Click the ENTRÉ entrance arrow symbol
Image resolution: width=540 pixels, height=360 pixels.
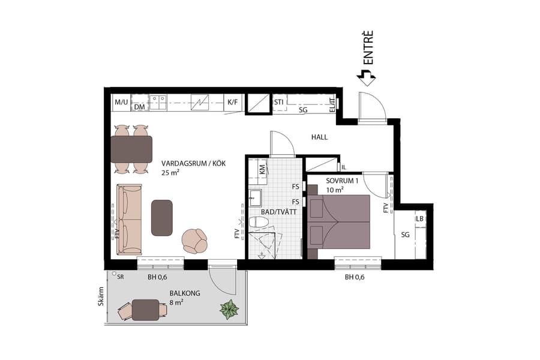tap(365, 76)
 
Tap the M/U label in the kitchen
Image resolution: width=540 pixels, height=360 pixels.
tap(121, 102)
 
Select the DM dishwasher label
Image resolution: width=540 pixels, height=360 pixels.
tap(139, 107)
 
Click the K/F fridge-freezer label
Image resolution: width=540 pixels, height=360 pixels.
tap(232, 102)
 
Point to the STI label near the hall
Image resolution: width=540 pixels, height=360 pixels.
tap(278, 102)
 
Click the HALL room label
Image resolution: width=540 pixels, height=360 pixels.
tap(319, 137)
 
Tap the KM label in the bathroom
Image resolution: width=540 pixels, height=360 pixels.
tap(263, 170)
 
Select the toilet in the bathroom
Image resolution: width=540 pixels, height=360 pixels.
tap(259, 223)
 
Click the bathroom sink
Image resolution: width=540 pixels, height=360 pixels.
tap(254, 196)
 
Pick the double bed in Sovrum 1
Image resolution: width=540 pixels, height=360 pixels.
tap(339, 221)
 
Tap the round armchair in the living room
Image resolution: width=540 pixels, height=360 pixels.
tap(195, 241)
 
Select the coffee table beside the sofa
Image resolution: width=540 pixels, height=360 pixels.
tap(162, 217)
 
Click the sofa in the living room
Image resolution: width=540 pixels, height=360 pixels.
tap(129, 219)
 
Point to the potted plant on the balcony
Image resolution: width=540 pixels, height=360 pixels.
tap(229, 309)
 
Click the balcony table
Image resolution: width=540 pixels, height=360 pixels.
tap(145, 310)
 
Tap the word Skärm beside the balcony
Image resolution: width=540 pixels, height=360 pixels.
tap(101, 296)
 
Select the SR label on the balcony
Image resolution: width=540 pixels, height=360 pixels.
tap(121, 277)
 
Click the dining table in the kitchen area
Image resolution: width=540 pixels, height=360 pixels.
tap(131, 149)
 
